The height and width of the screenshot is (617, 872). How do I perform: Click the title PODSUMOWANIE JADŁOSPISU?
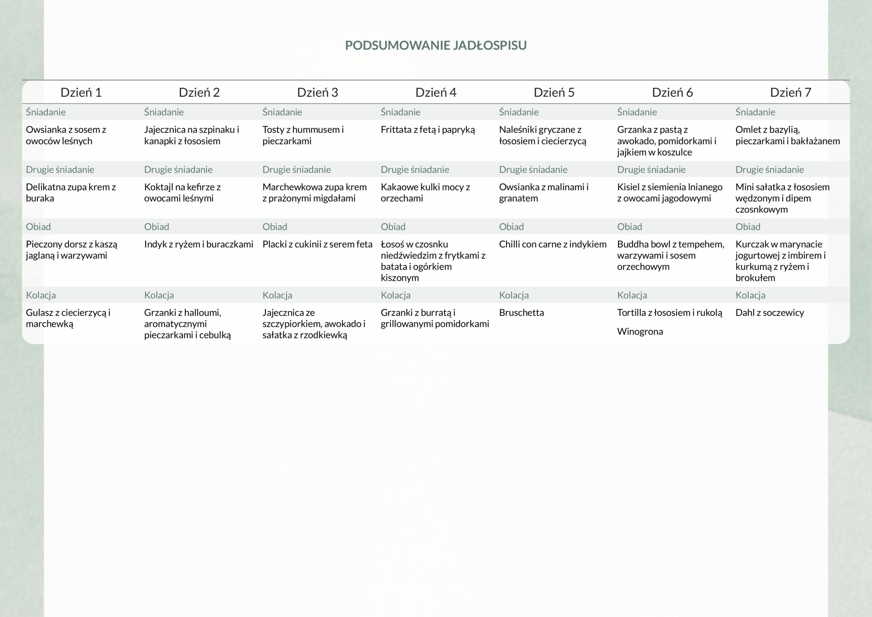pos(436,45)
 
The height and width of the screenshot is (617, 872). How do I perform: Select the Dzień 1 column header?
pos(81,92)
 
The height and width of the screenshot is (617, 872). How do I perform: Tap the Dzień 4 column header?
pos(436,92)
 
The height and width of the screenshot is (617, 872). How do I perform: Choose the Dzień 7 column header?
pos(790,92)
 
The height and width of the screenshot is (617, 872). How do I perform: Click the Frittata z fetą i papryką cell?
pos(427,129)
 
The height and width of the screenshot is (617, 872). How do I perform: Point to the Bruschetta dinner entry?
pos(521,313)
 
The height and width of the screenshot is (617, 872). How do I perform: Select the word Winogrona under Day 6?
pos(640,332)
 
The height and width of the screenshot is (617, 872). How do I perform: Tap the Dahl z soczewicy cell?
pos(769,313)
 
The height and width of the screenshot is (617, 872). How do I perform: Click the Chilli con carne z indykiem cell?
pos(552,244)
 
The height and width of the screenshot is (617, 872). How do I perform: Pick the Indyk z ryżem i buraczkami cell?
pos(198,244)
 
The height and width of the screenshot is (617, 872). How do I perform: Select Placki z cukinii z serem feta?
pos(317,244)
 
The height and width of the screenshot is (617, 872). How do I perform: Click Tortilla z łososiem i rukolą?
pos(670,313)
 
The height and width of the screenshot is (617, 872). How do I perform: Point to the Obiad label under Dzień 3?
pos(275,227)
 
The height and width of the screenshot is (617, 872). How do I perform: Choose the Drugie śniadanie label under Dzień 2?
pos(178,169)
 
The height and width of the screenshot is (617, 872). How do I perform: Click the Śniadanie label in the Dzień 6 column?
pos(637,112)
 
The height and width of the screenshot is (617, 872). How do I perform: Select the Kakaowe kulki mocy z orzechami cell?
pos(425,192)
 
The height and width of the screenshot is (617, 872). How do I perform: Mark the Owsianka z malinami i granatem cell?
pos(544,192)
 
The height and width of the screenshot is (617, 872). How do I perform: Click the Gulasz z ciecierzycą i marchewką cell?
pos(68,318)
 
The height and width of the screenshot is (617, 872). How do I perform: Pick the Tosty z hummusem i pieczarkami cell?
pos(303,135)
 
